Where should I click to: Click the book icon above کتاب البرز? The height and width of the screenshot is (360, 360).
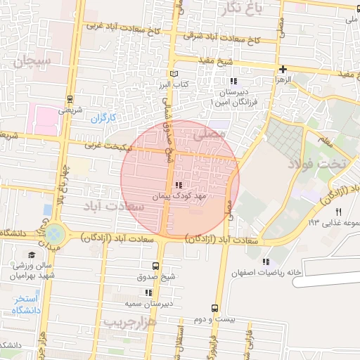click(175, 73)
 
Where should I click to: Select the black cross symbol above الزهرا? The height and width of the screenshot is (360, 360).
click(283, 69)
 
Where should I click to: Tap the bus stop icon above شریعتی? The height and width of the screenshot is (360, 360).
click(70, 99)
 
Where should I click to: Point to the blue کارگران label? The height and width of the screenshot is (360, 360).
click(103, 117)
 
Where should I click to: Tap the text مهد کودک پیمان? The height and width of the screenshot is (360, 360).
click(178, 198)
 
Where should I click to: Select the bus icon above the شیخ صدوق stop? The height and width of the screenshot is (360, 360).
click(155, 266)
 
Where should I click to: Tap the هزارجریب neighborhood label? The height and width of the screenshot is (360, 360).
click(128, 321)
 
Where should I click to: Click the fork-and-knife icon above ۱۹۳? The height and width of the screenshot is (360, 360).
click(338, 212)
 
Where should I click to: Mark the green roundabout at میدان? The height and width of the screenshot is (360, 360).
click(56, 233)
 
